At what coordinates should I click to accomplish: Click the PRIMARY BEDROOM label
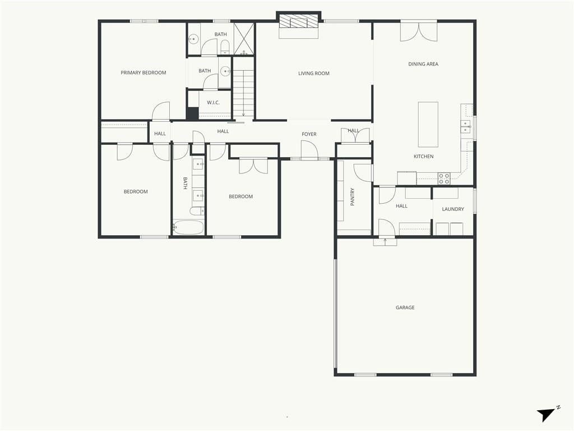tap(143, 72)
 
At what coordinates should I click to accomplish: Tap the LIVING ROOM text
tap(314, 74)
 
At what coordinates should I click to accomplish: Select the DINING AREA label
tap(423, 64)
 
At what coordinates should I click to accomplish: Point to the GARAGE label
tap(405, 308)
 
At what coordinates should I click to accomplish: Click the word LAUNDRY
tap(453, 209)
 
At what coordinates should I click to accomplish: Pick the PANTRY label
tap(353, 197)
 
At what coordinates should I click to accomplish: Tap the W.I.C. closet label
tap(213, 102)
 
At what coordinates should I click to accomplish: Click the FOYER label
tap(309, 134)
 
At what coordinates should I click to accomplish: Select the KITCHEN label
tap(424, 156)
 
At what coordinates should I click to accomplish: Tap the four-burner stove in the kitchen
tap(444, 178)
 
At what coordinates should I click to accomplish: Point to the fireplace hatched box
tap(298, 21)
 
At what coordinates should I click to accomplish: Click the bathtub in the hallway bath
tap(188, 227)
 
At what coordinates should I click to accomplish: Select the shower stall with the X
tap(243, 39)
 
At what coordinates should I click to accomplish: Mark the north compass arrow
tap(545, 415)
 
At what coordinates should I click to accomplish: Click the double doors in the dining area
tap(418, 32)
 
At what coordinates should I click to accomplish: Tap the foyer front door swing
tap(309, 150)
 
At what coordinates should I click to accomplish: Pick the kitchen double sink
tap(466, 126)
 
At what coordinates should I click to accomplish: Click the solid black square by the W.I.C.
tap(192, 113)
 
